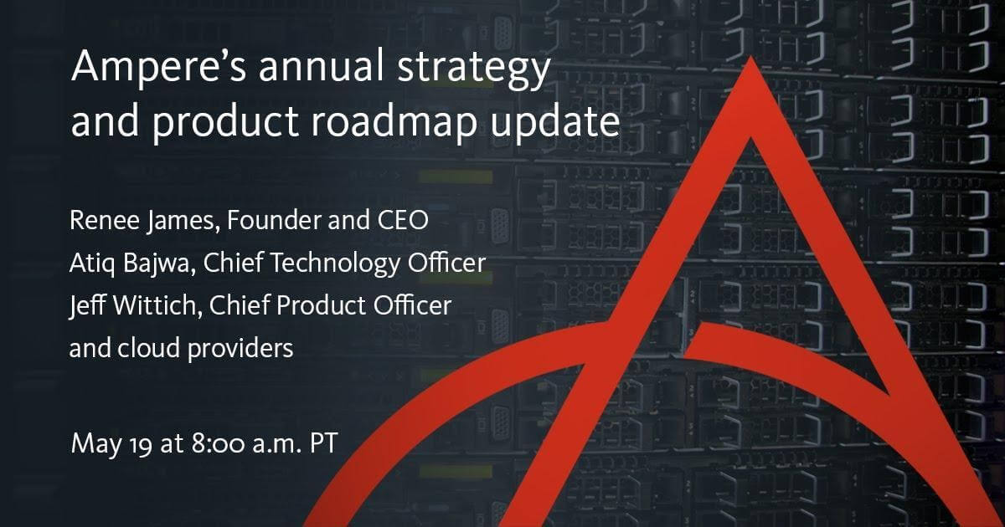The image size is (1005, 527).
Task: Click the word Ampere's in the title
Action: click(x=158, y=66)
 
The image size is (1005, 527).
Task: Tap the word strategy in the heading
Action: click(x=474, y=69)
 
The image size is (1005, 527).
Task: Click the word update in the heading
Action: click(x=555, y=122)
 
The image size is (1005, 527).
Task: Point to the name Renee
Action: click(x=105, y=221)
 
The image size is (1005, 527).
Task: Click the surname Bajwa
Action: click(x=159, y=263)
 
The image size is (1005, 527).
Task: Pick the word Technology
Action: click(x=335, y=263)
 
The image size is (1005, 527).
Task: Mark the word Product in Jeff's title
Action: click(x=322, y=306)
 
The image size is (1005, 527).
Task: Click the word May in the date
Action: click(x=96, y=443)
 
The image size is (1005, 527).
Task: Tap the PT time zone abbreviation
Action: click(x=323, y=443)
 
